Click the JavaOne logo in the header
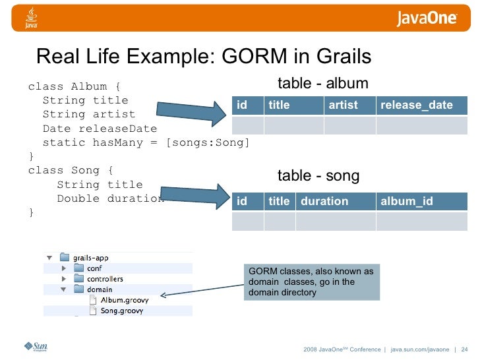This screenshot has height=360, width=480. point(427,18)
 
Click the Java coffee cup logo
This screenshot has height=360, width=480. point(31,18)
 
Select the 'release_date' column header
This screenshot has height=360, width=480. point(417,105)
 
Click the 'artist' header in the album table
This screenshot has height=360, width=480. point(343,105)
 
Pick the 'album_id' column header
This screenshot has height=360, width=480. point(407,201)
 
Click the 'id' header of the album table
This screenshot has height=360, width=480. point(242,105)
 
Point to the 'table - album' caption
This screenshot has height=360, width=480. point(322,83)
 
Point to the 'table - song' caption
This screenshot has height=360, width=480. point(318,175)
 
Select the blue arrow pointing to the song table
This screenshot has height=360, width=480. point(194,196)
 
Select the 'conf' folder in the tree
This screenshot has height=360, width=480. point(94,268)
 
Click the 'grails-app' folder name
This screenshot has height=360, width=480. point(94,257)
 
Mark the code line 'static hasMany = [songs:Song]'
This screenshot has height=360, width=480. point(146,142)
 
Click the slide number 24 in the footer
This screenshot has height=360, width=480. point(464,349)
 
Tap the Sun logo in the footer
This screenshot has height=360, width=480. point(36,347)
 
